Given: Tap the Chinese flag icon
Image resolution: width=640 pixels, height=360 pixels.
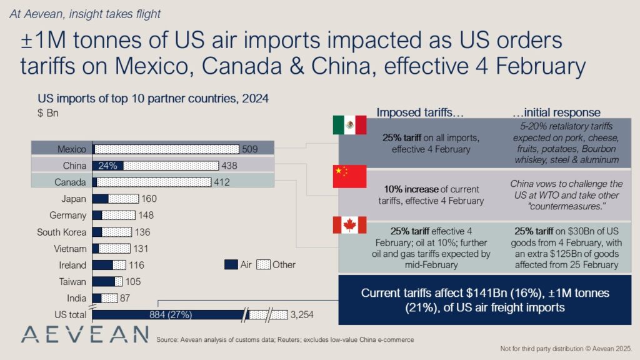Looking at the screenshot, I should point(349,177).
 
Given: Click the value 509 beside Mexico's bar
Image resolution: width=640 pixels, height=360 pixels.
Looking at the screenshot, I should point(250,149).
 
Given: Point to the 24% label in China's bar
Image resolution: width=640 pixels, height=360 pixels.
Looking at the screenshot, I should point(108,166).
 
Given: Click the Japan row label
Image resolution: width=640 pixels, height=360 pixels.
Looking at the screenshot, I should point(74,199).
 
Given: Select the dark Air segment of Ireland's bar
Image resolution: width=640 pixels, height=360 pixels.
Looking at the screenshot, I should point(102,265).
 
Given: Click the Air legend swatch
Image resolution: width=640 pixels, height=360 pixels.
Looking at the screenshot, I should point(231,264).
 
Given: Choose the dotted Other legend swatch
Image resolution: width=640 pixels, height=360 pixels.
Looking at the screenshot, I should point(264,264).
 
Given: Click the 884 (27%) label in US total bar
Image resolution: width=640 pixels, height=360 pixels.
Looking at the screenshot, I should point(171,314).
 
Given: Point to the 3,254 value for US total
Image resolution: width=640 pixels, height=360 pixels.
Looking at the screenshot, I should point(302,314).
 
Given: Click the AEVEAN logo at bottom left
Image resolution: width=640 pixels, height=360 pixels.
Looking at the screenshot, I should point(84,334).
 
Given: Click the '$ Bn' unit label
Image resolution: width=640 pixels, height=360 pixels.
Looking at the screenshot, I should point(47,113).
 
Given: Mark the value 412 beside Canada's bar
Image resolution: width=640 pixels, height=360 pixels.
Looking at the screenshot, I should point(222,182).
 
